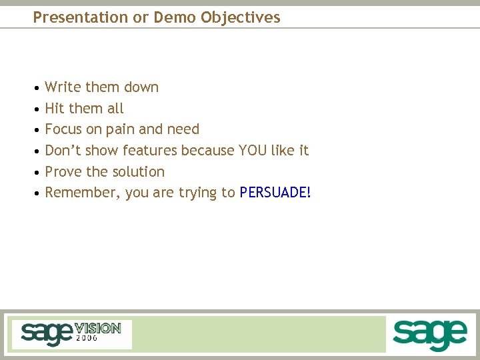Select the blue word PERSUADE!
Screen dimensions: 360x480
coord(275,193)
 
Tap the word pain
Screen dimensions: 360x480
coord(119,129)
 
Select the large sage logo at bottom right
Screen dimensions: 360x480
coord(429,334)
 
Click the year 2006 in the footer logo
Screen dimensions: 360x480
coord(87,339)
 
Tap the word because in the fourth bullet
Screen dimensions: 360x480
coord(207,151)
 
